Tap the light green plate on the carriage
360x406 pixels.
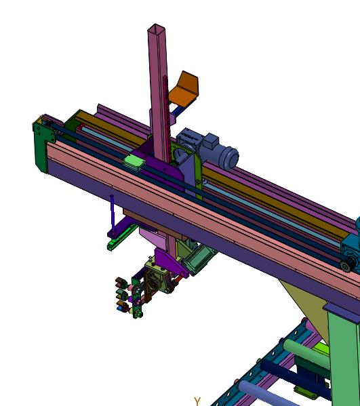coord(134,161)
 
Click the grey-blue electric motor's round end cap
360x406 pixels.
coord(231,157)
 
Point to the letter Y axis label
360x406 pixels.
coord(197,402)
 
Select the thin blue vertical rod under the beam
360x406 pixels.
coord(112,213)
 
